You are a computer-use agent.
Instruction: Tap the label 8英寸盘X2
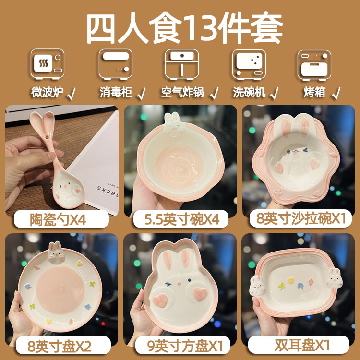[54, 345]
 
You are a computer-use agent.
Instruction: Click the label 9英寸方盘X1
[181, 345]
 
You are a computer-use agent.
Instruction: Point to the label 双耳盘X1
[301, 345]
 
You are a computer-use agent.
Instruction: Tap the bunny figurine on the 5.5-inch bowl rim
[171, 123]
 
